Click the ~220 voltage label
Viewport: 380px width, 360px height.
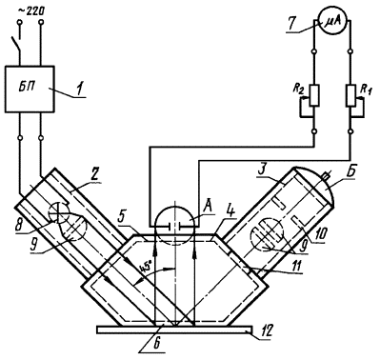tap(30, 10)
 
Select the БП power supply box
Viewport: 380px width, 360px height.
tap(30, 89)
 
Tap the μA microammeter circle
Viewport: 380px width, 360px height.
tap(332, 21)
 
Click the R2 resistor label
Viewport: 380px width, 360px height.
tap(298, 90)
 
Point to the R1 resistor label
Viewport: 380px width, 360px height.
tap(365, 90)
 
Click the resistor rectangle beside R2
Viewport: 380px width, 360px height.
tap(314, 95)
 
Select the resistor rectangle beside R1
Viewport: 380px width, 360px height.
tap(350, 95)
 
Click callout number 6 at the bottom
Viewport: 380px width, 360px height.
tap(158, 344)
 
